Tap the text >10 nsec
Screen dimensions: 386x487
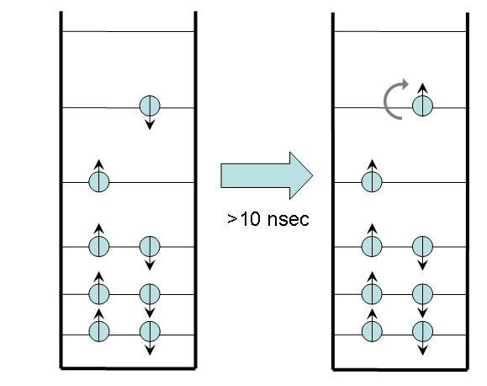click(267, 219)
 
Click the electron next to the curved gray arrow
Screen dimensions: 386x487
click(422, 106)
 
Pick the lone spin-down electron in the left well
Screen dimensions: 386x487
click(149, 107)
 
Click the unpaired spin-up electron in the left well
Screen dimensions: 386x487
click(99, 180)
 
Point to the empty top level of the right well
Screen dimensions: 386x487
click(400, 32)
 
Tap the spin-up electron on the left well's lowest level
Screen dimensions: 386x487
click(99, 331)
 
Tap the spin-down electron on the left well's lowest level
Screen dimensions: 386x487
click(149, 331)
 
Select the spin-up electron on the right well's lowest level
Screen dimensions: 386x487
click(372, 330)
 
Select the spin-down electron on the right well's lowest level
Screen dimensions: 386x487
click(422, 330)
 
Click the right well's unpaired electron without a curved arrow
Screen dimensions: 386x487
click(372, 180)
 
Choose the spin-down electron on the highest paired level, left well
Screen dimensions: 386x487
click(149, 246)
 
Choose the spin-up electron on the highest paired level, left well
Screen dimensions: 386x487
click(99, 246)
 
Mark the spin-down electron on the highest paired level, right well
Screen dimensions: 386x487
click(422, 246)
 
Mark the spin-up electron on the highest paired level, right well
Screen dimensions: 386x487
click(372, 246)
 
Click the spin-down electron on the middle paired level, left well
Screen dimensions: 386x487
click(149, 294)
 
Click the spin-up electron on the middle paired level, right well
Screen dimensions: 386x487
click(372, 294)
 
